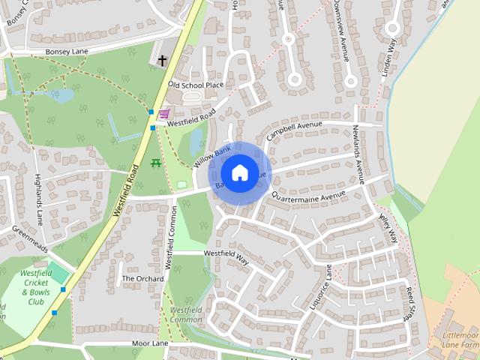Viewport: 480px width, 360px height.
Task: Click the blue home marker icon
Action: pyautogui.click(x=239, y=172)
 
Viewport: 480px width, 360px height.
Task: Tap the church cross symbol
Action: pyautogui.click(x=162, y=60)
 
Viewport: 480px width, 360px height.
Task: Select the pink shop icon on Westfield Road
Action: pyautogui.click(x=163, y=113)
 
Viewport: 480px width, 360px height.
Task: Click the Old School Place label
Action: pyautogui.click(x=196, y=85)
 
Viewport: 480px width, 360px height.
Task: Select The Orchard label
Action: pyautogui.click(x=142, y=278)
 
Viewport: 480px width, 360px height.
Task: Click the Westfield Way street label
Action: pyautogui.click(x=226, y=256)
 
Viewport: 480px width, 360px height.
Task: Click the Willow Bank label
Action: pyautogui.click(x=212, y=157)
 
